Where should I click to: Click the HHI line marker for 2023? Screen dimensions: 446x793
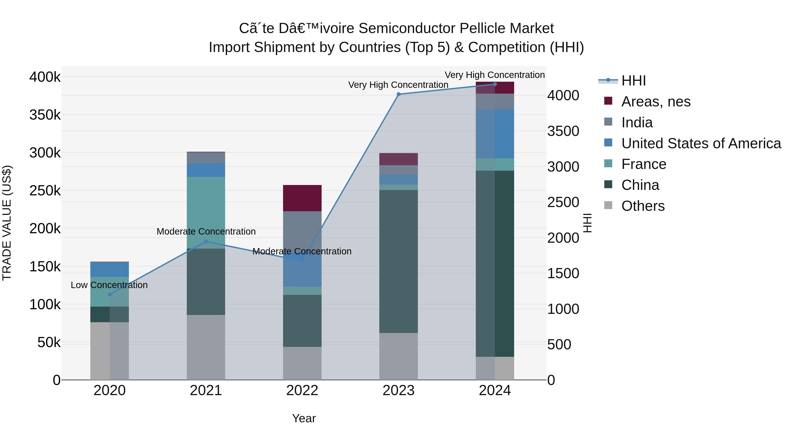[398, 94]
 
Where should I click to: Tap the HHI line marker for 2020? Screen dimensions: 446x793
[110, 294]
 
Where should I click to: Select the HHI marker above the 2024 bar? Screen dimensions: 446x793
[495, 84]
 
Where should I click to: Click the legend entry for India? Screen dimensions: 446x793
[637, 122]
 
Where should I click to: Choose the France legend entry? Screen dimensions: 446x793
[643, 164]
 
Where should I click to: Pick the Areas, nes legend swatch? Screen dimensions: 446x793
[608, 101]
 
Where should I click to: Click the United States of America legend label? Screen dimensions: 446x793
[701, 143]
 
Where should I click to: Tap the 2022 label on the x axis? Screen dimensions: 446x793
[302, 390]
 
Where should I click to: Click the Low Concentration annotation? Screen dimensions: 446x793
[109, 285]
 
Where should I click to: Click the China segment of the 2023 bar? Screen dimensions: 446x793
[398, 262]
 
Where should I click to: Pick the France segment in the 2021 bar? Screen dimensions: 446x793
[206, 212]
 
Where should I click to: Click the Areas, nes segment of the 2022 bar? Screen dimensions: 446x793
[302, 198]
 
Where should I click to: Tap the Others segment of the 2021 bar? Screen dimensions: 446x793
[206, 347]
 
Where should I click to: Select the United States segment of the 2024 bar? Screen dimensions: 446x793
[495, 134]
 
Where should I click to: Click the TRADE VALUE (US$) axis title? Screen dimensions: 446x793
[7, 223]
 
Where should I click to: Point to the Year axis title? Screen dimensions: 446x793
[304, 418]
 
